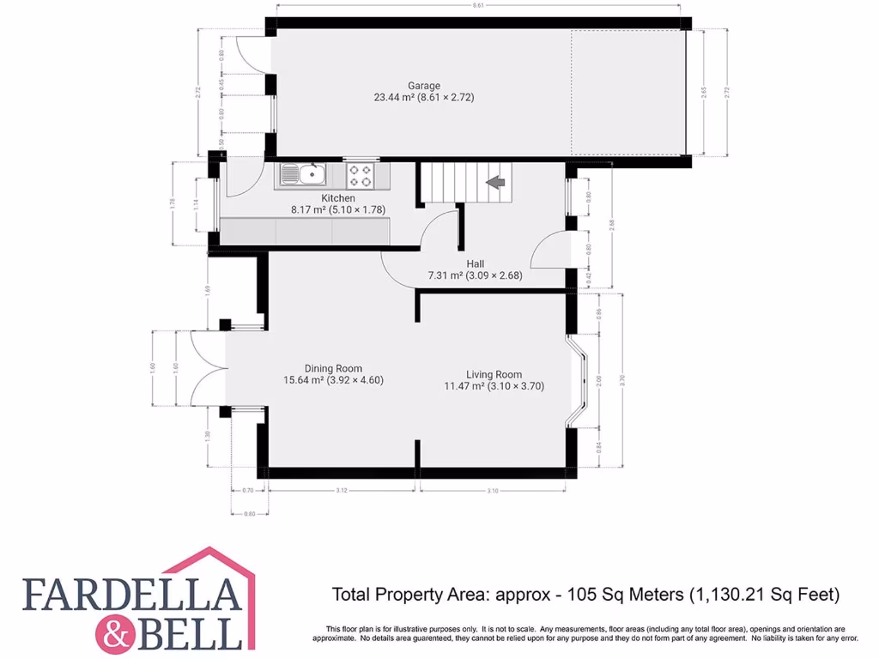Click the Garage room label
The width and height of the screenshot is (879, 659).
(424, 86)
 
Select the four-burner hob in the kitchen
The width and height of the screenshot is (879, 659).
(361, 176)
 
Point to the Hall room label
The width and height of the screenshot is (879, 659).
(476, 264)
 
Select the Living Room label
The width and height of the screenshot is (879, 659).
(494, 374)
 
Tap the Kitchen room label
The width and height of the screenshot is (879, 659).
(314, 198)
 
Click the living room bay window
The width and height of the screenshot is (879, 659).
(579, 379)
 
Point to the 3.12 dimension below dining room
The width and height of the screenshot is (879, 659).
(342, 490)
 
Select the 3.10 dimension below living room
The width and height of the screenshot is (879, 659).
(492, 490)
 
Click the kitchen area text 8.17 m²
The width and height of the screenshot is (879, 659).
(309, 209)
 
